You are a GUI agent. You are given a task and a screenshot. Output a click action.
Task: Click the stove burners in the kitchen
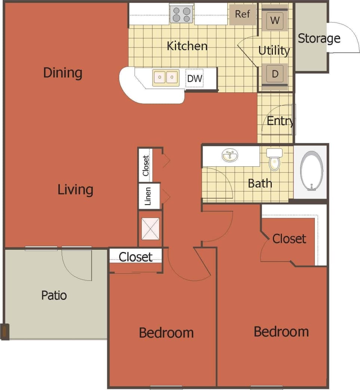(181, 15)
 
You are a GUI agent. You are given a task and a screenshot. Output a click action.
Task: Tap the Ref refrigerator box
(242, 15)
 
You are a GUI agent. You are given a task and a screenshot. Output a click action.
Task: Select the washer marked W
(275, 20)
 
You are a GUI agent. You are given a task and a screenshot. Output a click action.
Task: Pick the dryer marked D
(275, 74)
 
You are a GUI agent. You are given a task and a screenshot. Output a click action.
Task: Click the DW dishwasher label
(194, 79)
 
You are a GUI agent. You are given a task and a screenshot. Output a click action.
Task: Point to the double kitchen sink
(166, 77)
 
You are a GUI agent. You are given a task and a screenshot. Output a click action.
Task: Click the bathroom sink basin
(230, 156)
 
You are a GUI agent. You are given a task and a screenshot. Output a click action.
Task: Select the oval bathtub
(312, 171)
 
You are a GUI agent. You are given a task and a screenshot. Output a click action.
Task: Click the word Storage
(319, 38)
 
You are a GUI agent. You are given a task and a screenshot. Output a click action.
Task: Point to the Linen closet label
(148, 196)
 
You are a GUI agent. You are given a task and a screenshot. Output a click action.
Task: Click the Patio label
(54, 295)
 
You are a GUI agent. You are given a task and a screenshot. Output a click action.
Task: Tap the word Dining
(62, 73)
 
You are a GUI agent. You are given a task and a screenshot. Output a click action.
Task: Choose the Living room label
(75, 190)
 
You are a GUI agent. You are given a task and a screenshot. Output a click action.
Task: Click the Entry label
(280, 121)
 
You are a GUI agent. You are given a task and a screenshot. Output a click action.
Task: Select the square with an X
(151, 228)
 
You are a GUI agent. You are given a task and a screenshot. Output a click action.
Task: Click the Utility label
(274, 50)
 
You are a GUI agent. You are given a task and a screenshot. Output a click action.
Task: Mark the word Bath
(260, 183)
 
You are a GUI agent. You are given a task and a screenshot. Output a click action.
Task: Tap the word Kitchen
(187, 46)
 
